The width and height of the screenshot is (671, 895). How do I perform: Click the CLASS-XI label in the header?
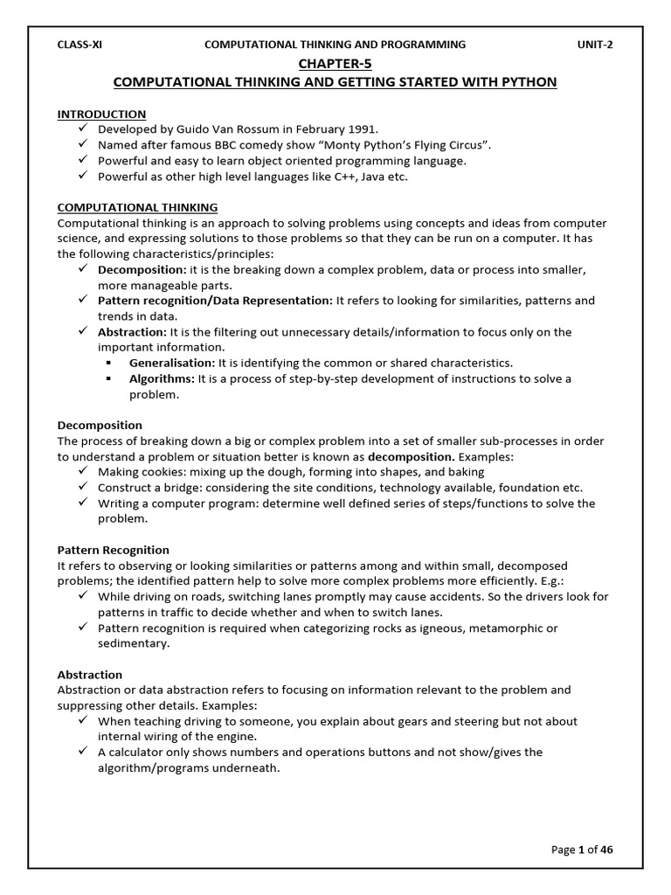pyautogui.click(x=80, y=45)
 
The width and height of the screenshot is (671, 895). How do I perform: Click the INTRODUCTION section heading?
pyautogui.click(x=101, y=114)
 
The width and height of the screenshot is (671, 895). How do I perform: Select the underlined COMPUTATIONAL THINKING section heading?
pyautogui.click(x=137, y=207)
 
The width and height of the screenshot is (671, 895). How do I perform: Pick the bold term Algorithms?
pyautogui.click(x=163, y=378)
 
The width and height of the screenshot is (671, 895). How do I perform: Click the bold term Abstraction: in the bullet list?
pyautogui.click(x=132, y=332)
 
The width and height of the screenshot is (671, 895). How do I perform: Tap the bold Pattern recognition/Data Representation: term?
pyautogui.click(x=215, y=301)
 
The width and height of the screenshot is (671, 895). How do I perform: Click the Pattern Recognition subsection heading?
pyautogui.click(x=114, y=550)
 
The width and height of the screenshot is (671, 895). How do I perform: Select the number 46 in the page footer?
pyautogui.click(x=606, y=850)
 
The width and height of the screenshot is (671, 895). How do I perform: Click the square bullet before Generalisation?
pyautogui.click(x=110, y=363)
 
